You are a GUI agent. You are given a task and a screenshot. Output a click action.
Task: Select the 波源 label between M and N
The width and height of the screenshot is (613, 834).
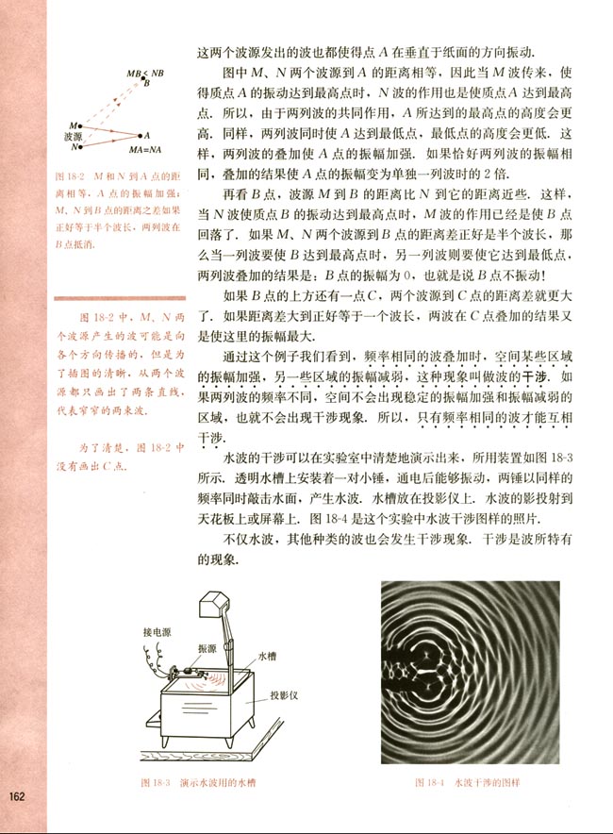[69, 136]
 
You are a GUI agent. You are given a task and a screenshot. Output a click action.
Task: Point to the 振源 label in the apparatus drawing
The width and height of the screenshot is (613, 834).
[207, 647]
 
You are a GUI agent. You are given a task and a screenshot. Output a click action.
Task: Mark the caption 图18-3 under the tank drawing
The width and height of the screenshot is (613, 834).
[155, 782]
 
